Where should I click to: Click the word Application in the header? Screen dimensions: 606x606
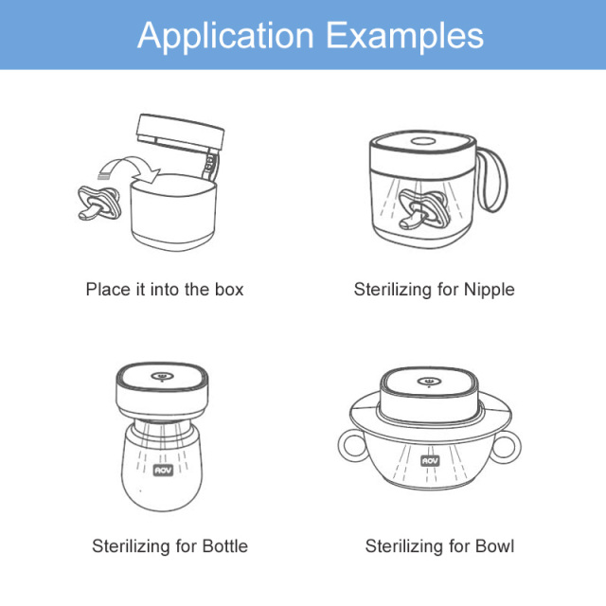[x=225, y=36]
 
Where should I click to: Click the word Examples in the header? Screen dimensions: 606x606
[x=405, y=35]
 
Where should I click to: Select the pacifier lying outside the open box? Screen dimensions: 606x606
[x=98, y=203]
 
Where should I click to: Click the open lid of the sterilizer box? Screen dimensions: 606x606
[x=180, y=133]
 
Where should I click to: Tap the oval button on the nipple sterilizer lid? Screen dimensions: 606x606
[x=423, y=141]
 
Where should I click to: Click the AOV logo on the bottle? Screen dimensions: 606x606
[x=163, y=470]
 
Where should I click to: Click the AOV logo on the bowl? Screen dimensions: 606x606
[x=430, y=460]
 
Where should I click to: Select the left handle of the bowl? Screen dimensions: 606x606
[x=351, y=446]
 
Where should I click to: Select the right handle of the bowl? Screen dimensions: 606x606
[x=507, y=446]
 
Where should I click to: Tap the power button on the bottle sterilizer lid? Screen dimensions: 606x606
[x=162, y=376]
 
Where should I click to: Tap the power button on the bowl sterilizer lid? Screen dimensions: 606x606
[x=429, y=382]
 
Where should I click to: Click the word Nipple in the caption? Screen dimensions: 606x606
[x=489, y=290]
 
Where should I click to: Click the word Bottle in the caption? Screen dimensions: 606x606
[x=225, y=546]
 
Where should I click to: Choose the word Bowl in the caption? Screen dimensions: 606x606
[x=495, y=546]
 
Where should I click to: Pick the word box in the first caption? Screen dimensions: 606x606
[x=229, y=290]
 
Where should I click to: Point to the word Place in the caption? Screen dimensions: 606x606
[x=108, y=290]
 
